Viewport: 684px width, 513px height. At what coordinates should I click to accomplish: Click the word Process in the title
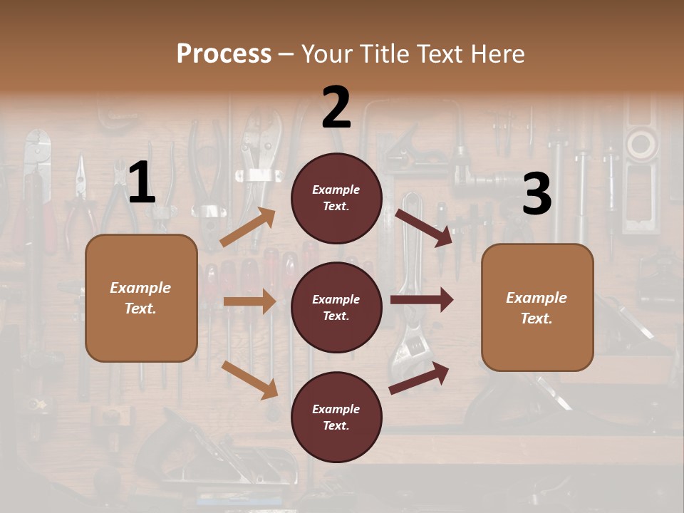[x=224, y=53]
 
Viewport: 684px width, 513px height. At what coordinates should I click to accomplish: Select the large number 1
[x=142, y=183]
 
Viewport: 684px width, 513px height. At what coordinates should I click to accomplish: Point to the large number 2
[x=336, y=108]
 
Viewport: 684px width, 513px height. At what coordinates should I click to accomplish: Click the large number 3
[x=537, y=195]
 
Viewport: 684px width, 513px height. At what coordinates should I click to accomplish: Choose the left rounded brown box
[x=141, y=298]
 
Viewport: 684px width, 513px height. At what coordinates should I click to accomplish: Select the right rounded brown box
[x=537, y=307]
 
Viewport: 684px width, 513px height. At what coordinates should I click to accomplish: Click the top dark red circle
[x=336, y=198]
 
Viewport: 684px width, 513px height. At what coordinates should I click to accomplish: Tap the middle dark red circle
[x=336, y=307]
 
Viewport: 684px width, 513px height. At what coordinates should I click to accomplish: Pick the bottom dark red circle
[x=336, y=417]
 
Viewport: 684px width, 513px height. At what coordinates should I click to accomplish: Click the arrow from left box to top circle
[x=248, y=227]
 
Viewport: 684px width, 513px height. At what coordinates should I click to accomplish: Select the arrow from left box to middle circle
[x=249, y=301]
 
